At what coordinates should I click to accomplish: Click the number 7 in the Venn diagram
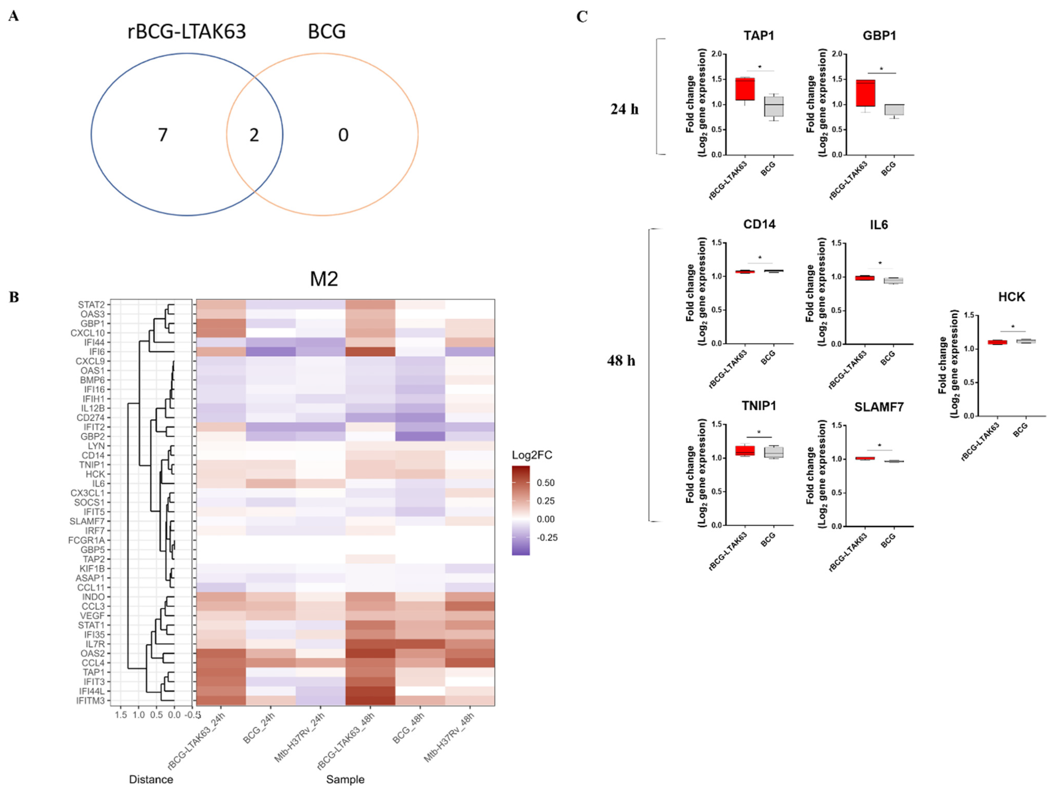163,135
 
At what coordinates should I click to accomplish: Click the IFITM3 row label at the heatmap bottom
90,701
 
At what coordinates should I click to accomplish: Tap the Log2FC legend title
532,455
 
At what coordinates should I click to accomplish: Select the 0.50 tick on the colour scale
546,483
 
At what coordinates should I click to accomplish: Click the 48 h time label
621,361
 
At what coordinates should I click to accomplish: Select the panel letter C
582,17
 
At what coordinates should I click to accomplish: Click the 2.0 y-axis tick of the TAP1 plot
717,54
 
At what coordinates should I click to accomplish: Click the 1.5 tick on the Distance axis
121,715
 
